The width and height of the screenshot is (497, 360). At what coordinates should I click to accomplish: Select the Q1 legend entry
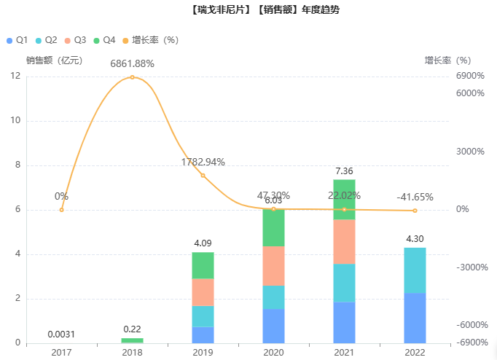[17, 39]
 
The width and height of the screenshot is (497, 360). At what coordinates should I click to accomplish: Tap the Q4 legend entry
[104, 39]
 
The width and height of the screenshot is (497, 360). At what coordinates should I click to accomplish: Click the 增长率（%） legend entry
[150, 39]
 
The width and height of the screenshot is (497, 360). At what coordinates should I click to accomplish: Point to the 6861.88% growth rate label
[132, 63]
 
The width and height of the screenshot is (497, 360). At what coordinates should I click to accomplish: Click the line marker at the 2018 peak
[132, 77]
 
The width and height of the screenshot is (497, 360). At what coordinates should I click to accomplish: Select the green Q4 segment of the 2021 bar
[344, 199]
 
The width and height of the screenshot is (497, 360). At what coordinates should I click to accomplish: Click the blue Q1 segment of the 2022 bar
[415, 318]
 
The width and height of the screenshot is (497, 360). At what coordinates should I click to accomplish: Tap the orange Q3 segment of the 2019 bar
[203, 292]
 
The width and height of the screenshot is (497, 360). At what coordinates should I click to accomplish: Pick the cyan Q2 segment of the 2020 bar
[273, 297]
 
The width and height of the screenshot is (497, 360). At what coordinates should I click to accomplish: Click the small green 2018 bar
[132, 340]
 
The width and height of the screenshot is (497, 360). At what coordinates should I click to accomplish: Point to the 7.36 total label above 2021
[344, 171]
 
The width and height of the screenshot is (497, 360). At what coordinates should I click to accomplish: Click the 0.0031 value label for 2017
[61, 334]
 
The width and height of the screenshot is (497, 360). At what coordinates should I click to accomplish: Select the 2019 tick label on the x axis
[203, 352]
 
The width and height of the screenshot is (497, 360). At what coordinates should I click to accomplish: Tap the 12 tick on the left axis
[16, 76]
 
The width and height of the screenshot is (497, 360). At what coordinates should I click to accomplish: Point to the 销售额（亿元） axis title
[55, 60]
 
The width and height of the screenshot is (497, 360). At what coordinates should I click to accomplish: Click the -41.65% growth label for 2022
[415, 197]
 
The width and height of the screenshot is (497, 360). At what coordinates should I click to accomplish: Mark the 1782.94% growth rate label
[203, 162]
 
